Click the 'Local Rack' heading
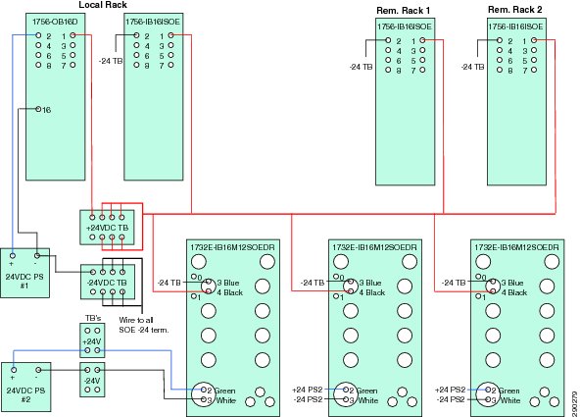[x=103, y=5]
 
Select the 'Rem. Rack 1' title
[x=404, y=11]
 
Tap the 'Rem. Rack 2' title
[x=515, y=10]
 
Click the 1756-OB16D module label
[x=55, y=22]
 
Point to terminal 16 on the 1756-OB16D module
[x=38, y=109]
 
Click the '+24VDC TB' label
[x=107, y=228]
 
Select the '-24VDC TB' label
[x=107, y=283]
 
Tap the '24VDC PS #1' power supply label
[x=24, y=281]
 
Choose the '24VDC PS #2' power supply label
[x=25, y=394]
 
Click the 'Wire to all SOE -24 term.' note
[x=143, y=325]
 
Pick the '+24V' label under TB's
[x=91, y=341]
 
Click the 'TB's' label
[x=93, y=319]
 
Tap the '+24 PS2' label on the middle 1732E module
[x=307, y=390]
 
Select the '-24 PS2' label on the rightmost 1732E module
[x=451, y=399]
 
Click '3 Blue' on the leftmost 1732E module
[x=228, y=283]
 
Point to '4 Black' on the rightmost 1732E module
[x=512, y=292]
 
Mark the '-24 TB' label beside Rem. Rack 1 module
[x=361, y=67]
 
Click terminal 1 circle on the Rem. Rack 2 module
[x=534, y=40]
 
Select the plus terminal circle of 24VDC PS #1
[x=13, y=255]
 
